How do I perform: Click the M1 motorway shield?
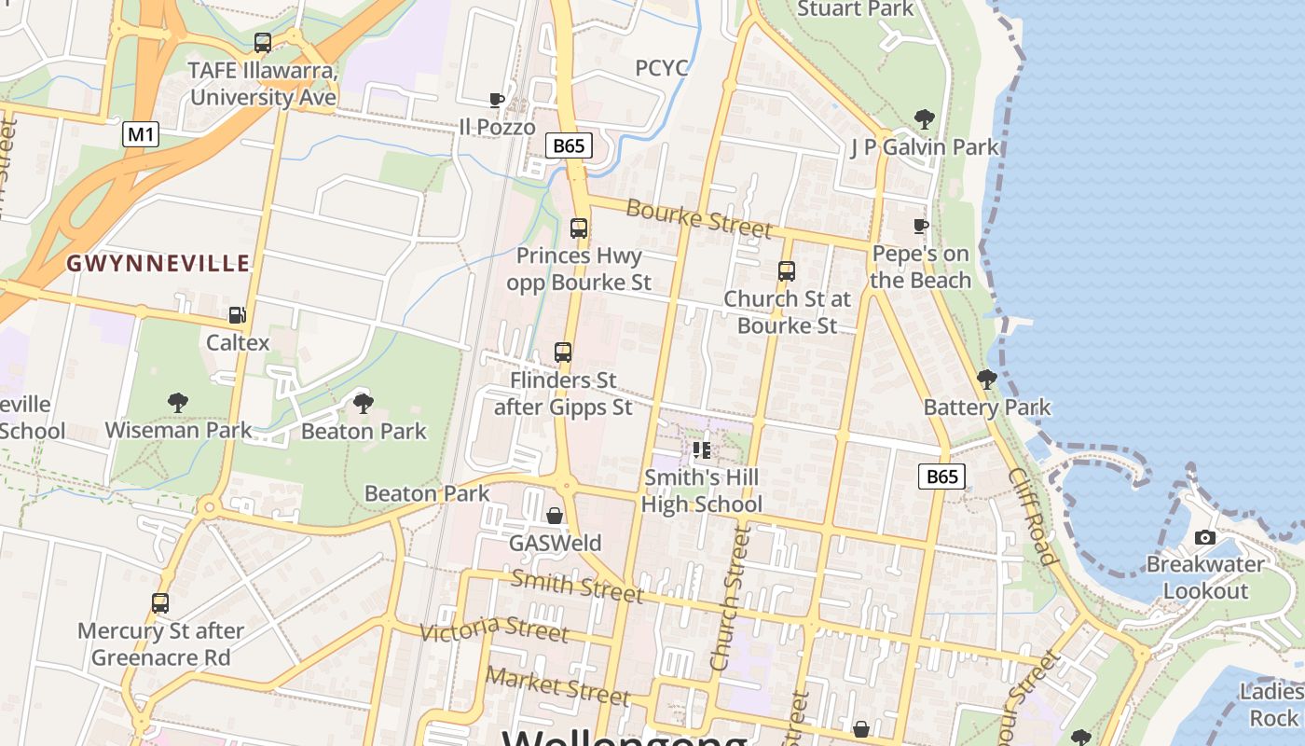140,134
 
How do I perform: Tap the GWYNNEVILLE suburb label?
158,263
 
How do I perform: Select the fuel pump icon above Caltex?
237,315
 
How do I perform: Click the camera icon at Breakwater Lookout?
1205,537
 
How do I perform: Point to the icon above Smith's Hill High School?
702,451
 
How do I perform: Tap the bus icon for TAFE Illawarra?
263,43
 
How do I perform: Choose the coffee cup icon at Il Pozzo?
497,100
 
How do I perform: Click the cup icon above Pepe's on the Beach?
921,226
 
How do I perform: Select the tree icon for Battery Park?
986,379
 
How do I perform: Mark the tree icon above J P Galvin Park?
924,118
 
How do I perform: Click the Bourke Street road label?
698,217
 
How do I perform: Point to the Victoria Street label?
493,629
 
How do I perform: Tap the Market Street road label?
557,685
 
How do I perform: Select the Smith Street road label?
576,585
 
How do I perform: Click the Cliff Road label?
1032,516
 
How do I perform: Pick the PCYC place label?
662,68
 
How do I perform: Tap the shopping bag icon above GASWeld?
555,516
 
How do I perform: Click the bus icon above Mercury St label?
160,603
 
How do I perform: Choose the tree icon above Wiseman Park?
177,403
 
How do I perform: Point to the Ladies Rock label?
1272,704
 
